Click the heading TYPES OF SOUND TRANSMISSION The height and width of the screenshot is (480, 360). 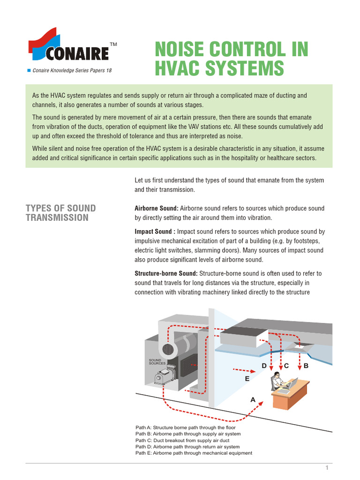tap(60, 213)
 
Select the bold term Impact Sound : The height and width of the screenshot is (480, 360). tap(154, 232)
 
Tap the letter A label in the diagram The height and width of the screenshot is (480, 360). tap(253, 400)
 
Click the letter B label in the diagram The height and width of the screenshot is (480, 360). tap(306, 366)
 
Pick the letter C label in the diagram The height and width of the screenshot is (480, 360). tap(286, 366)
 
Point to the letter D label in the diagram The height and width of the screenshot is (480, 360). tap(264, 366)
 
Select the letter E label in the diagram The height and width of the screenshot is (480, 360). tap(247, 378)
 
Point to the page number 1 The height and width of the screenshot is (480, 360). tap(327, 468)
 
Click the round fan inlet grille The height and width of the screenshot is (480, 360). tap(168, 349)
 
